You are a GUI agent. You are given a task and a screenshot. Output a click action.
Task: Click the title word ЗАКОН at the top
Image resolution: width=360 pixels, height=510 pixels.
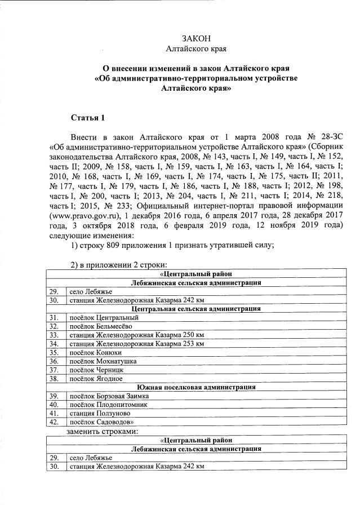(x=196, y=38)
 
